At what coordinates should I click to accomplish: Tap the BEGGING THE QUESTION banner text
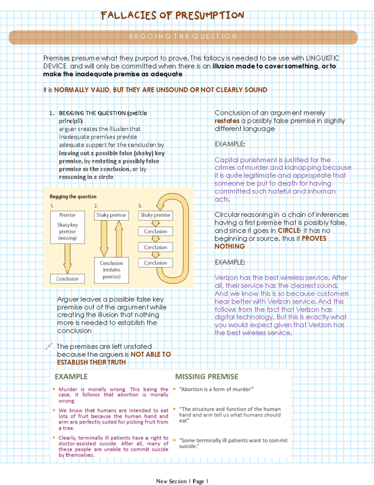[183, 37]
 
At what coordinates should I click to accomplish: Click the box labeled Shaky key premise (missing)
[67, 227]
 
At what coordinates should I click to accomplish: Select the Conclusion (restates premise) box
[111, 270]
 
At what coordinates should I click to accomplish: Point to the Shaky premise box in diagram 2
[111, 215]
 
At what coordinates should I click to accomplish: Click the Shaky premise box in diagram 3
[155, 215]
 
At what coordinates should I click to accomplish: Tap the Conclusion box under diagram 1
[67, 279]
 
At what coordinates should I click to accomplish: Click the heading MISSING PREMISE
[206, 377]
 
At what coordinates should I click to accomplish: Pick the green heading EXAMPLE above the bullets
[71, 377]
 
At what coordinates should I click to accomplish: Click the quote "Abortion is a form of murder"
[216, 389]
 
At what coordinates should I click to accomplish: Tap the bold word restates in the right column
[227, 121]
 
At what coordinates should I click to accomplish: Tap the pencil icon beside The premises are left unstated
[49, 346]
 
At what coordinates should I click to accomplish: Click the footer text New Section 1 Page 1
[182, 481]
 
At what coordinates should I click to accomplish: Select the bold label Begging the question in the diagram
[73, 196]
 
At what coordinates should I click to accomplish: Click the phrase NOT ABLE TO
[151, 354]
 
